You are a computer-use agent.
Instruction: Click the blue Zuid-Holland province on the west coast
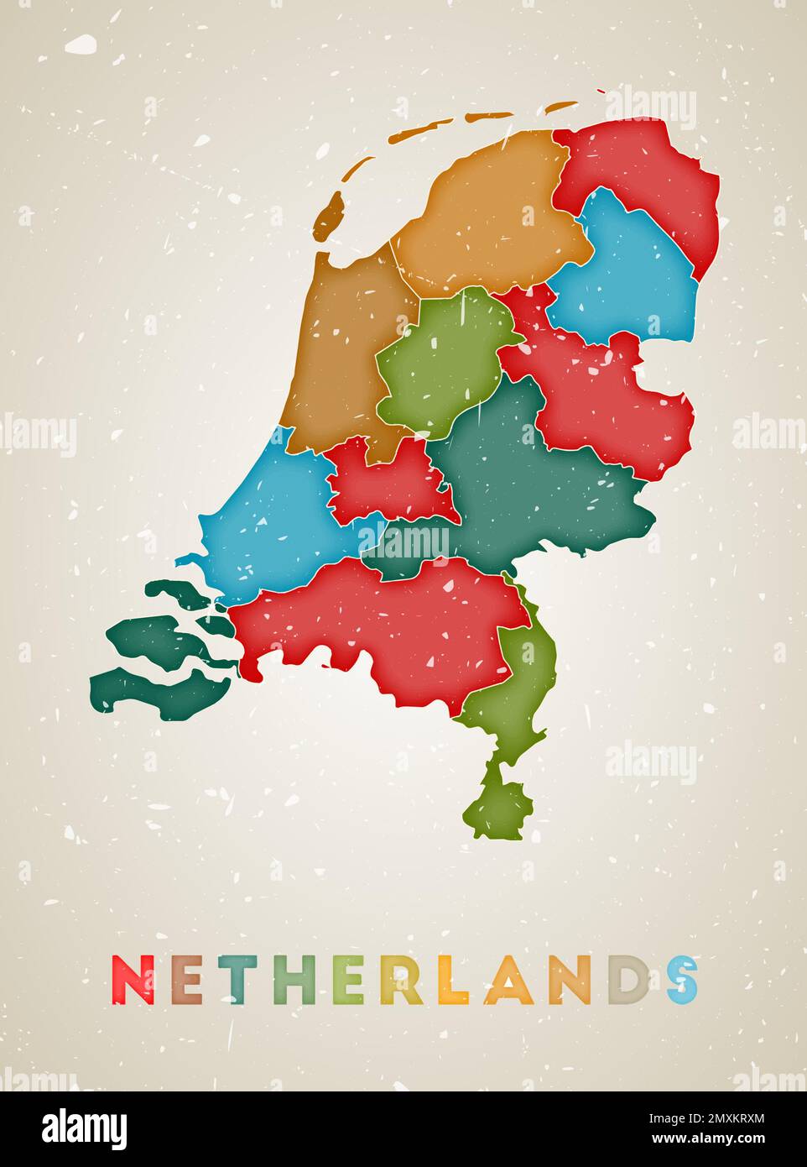click(x=268, y=521)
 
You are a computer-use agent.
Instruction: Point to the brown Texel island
click(x=330, y=216)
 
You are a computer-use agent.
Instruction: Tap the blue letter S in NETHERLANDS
click(x=683, y=980)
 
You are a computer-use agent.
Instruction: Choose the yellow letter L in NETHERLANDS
click(x=452, y=980)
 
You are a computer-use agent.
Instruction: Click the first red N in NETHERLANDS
click(x=133, y=980)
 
